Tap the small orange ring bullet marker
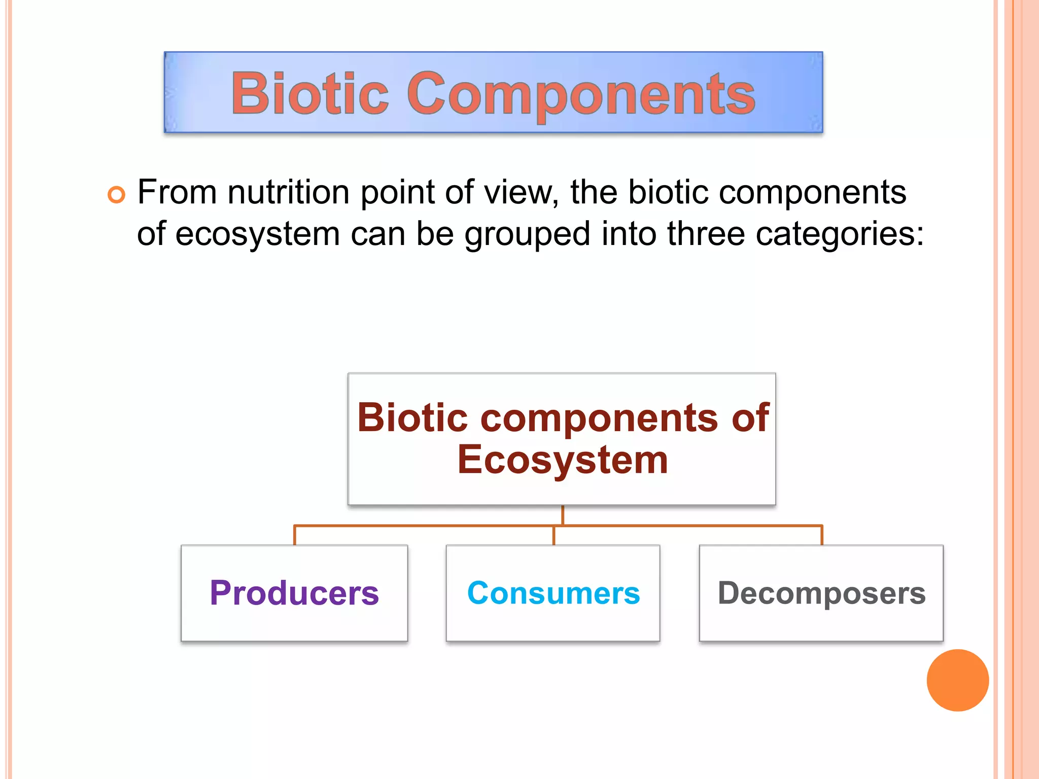(x=117, y=195)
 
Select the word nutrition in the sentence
(x=289, y=192)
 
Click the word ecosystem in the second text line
(x=257, y=234)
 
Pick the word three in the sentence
(x=706, y=234)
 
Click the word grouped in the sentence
(x=527, y=235)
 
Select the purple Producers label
(x=294, y=593)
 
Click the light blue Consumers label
(x=553, y=593)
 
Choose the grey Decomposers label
(x=821, y=593)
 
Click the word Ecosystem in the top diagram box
(x=562, y=459)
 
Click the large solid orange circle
(x=957, y=680)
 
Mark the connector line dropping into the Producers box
(x=295, y=536)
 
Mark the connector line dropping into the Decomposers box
(x=821, y=536)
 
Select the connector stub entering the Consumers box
(x=553, y=536)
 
